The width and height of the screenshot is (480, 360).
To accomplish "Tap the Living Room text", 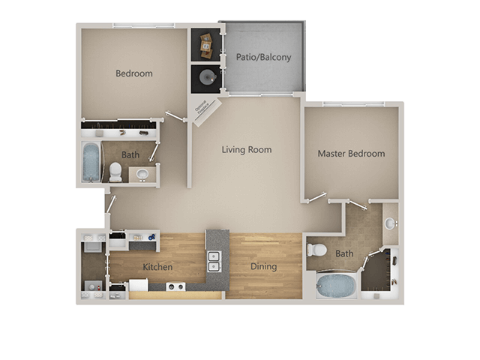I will click(x=246, y=149).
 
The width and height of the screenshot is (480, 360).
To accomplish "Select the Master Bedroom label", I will click(x=351, y=154).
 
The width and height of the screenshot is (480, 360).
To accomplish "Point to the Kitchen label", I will click(x=157, y=267).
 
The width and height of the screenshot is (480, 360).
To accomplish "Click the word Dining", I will click(x=263, y=266).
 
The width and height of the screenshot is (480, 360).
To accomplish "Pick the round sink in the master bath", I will click(x=389, y=223).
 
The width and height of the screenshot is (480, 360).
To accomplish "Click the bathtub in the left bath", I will click(x=91, y=162).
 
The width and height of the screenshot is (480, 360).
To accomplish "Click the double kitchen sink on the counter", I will click(x=214, y=261).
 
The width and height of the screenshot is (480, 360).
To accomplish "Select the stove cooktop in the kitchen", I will click(x=175, y=286).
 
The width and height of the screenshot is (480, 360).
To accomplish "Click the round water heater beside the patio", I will click(x=205, y=76).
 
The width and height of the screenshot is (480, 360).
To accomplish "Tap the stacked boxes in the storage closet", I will click(x=205, y=46).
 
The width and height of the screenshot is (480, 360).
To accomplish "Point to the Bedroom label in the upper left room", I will click(x=134, y=73).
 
